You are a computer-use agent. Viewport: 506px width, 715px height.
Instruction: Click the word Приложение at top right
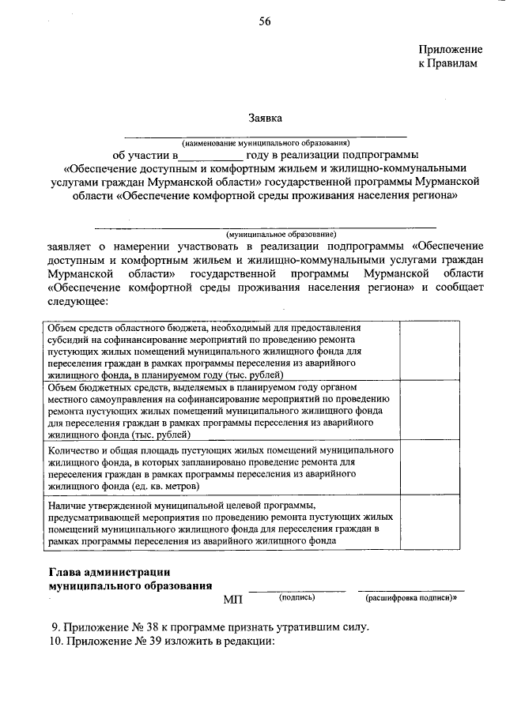tap(448, 49)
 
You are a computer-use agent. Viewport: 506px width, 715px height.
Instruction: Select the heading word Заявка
tap(265, 119)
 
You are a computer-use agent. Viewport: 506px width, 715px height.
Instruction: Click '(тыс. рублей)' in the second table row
tap(166, 435)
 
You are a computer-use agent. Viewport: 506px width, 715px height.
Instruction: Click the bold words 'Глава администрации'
tap(110, 572)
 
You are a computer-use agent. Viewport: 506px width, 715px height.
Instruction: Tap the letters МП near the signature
tap(232, 601)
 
